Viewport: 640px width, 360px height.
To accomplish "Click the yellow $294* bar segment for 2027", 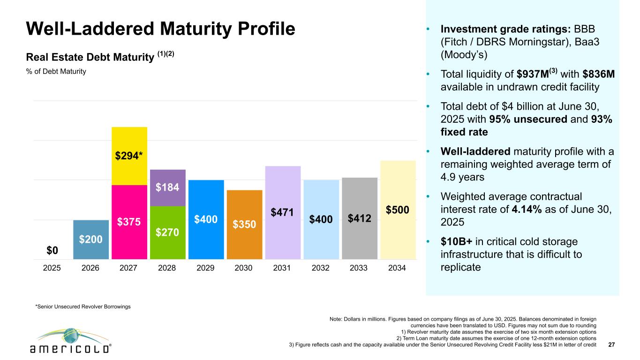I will pos(129,156).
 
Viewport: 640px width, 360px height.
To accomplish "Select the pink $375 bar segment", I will pos(129,222).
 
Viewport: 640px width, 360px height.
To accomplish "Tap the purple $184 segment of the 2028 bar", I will pos(168,187).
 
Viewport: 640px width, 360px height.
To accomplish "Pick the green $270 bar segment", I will pos(168,232).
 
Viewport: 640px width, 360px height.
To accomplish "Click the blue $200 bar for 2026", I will pos(91,240).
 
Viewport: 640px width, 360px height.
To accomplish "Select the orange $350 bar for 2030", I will pos(244,225).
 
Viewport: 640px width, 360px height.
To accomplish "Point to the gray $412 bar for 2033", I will pos(360,218).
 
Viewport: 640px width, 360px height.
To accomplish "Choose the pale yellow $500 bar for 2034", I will pos(398,210).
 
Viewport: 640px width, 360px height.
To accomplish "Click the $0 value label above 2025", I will pos(53,251).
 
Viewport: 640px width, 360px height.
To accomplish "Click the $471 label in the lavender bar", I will pos(283,213).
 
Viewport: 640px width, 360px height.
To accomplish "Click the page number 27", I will pos(611,345).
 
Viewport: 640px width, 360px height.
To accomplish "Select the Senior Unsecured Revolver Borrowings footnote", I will pos(83,306).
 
